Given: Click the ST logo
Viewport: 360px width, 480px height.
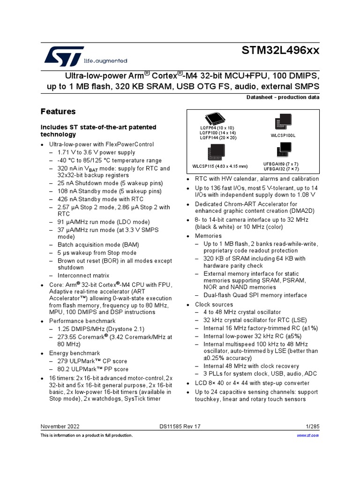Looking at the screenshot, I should (64, 56).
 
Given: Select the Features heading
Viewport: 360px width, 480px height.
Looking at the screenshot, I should (58, 112).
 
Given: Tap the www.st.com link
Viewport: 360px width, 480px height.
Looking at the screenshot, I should (308, 435).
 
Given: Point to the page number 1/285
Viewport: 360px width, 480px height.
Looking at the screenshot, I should (312, 427).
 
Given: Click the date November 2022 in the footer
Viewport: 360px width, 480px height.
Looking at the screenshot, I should (60, 427).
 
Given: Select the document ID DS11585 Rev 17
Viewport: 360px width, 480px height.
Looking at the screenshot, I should (180, 427).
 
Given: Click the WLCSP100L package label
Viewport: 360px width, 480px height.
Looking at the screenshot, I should (283, 135).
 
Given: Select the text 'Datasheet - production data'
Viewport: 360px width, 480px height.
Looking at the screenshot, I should (283, 97).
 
